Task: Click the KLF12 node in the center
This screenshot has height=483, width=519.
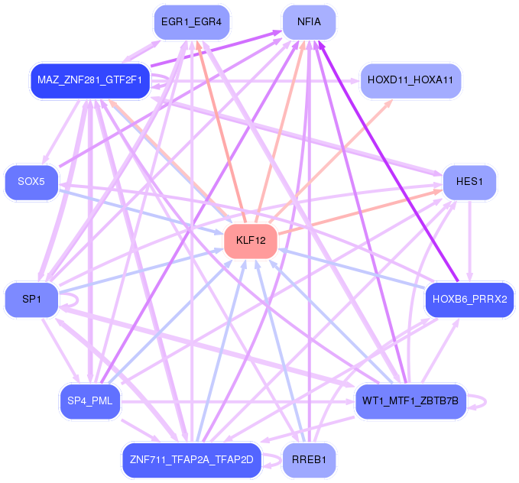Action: (250, 241)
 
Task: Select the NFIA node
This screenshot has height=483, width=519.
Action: (310, 22)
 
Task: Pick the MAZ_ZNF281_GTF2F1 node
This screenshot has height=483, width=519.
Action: (89, 80)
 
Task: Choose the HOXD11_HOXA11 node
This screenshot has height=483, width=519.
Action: (410, 79)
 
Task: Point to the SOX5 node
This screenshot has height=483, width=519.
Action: (31, 183)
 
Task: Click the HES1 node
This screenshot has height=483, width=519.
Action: (469, 183)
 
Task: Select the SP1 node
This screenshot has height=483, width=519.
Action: (31, 298)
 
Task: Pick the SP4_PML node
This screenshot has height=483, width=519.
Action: (89, 401)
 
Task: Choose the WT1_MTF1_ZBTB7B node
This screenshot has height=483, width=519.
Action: (410, 401)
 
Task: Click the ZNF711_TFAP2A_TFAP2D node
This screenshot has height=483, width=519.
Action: (191, 459)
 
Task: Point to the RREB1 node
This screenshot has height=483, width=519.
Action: (310, 459)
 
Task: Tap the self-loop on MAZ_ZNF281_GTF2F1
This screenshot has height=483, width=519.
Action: (165, 80)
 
